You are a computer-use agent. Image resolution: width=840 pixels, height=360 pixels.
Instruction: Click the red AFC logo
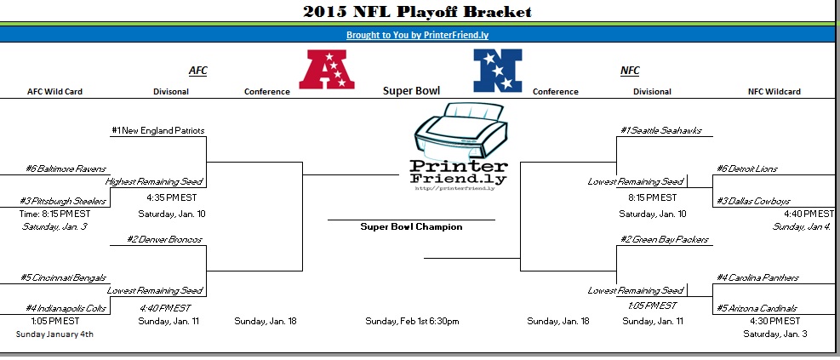coord(327,70)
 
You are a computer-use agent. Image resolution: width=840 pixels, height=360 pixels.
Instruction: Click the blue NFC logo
coord(498,70)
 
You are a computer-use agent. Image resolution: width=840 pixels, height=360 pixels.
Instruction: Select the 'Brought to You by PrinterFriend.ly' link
coord(417,36)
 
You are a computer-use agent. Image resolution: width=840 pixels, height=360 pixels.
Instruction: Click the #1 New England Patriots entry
coord(158,130)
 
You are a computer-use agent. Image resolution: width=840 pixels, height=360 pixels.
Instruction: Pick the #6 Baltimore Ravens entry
coord(66,169)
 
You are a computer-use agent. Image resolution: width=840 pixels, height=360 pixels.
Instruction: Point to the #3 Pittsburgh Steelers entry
coord(63,202)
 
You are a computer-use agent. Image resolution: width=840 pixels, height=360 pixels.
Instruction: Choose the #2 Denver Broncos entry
coord(164,239)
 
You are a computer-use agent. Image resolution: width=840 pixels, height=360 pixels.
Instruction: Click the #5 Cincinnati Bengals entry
coord(63,278)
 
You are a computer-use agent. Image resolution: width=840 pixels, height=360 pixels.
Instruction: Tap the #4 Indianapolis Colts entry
coord(66,309)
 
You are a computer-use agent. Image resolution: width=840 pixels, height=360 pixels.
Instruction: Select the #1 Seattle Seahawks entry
coord(661,130)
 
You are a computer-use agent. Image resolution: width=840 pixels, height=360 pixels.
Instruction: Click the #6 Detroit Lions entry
coord(746,169)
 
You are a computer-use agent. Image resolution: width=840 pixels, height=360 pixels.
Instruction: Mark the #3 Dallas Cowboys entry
coord(753,202)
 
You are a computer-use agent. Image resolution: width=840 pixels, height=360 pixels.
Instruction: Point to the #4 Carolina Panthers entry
coord(757,278)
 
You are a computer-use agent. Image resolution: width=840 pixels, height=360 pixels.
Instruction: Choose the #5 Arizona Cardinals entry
coord(757,309)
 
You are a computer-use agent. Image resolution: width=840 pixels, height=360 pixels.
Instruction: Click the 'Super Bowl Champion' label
coord(411,226)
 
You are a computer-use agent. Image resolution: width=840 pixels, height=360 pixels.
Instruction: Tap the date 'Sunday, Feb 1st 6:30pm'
coord(412,322)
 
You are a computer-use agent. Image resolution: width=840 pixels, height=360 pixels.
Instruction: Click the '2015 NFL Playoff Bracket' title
coord(417,12)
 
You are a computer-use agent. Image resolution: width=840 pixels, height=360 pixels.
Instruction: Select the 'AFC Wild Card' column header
coord(54,92)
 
